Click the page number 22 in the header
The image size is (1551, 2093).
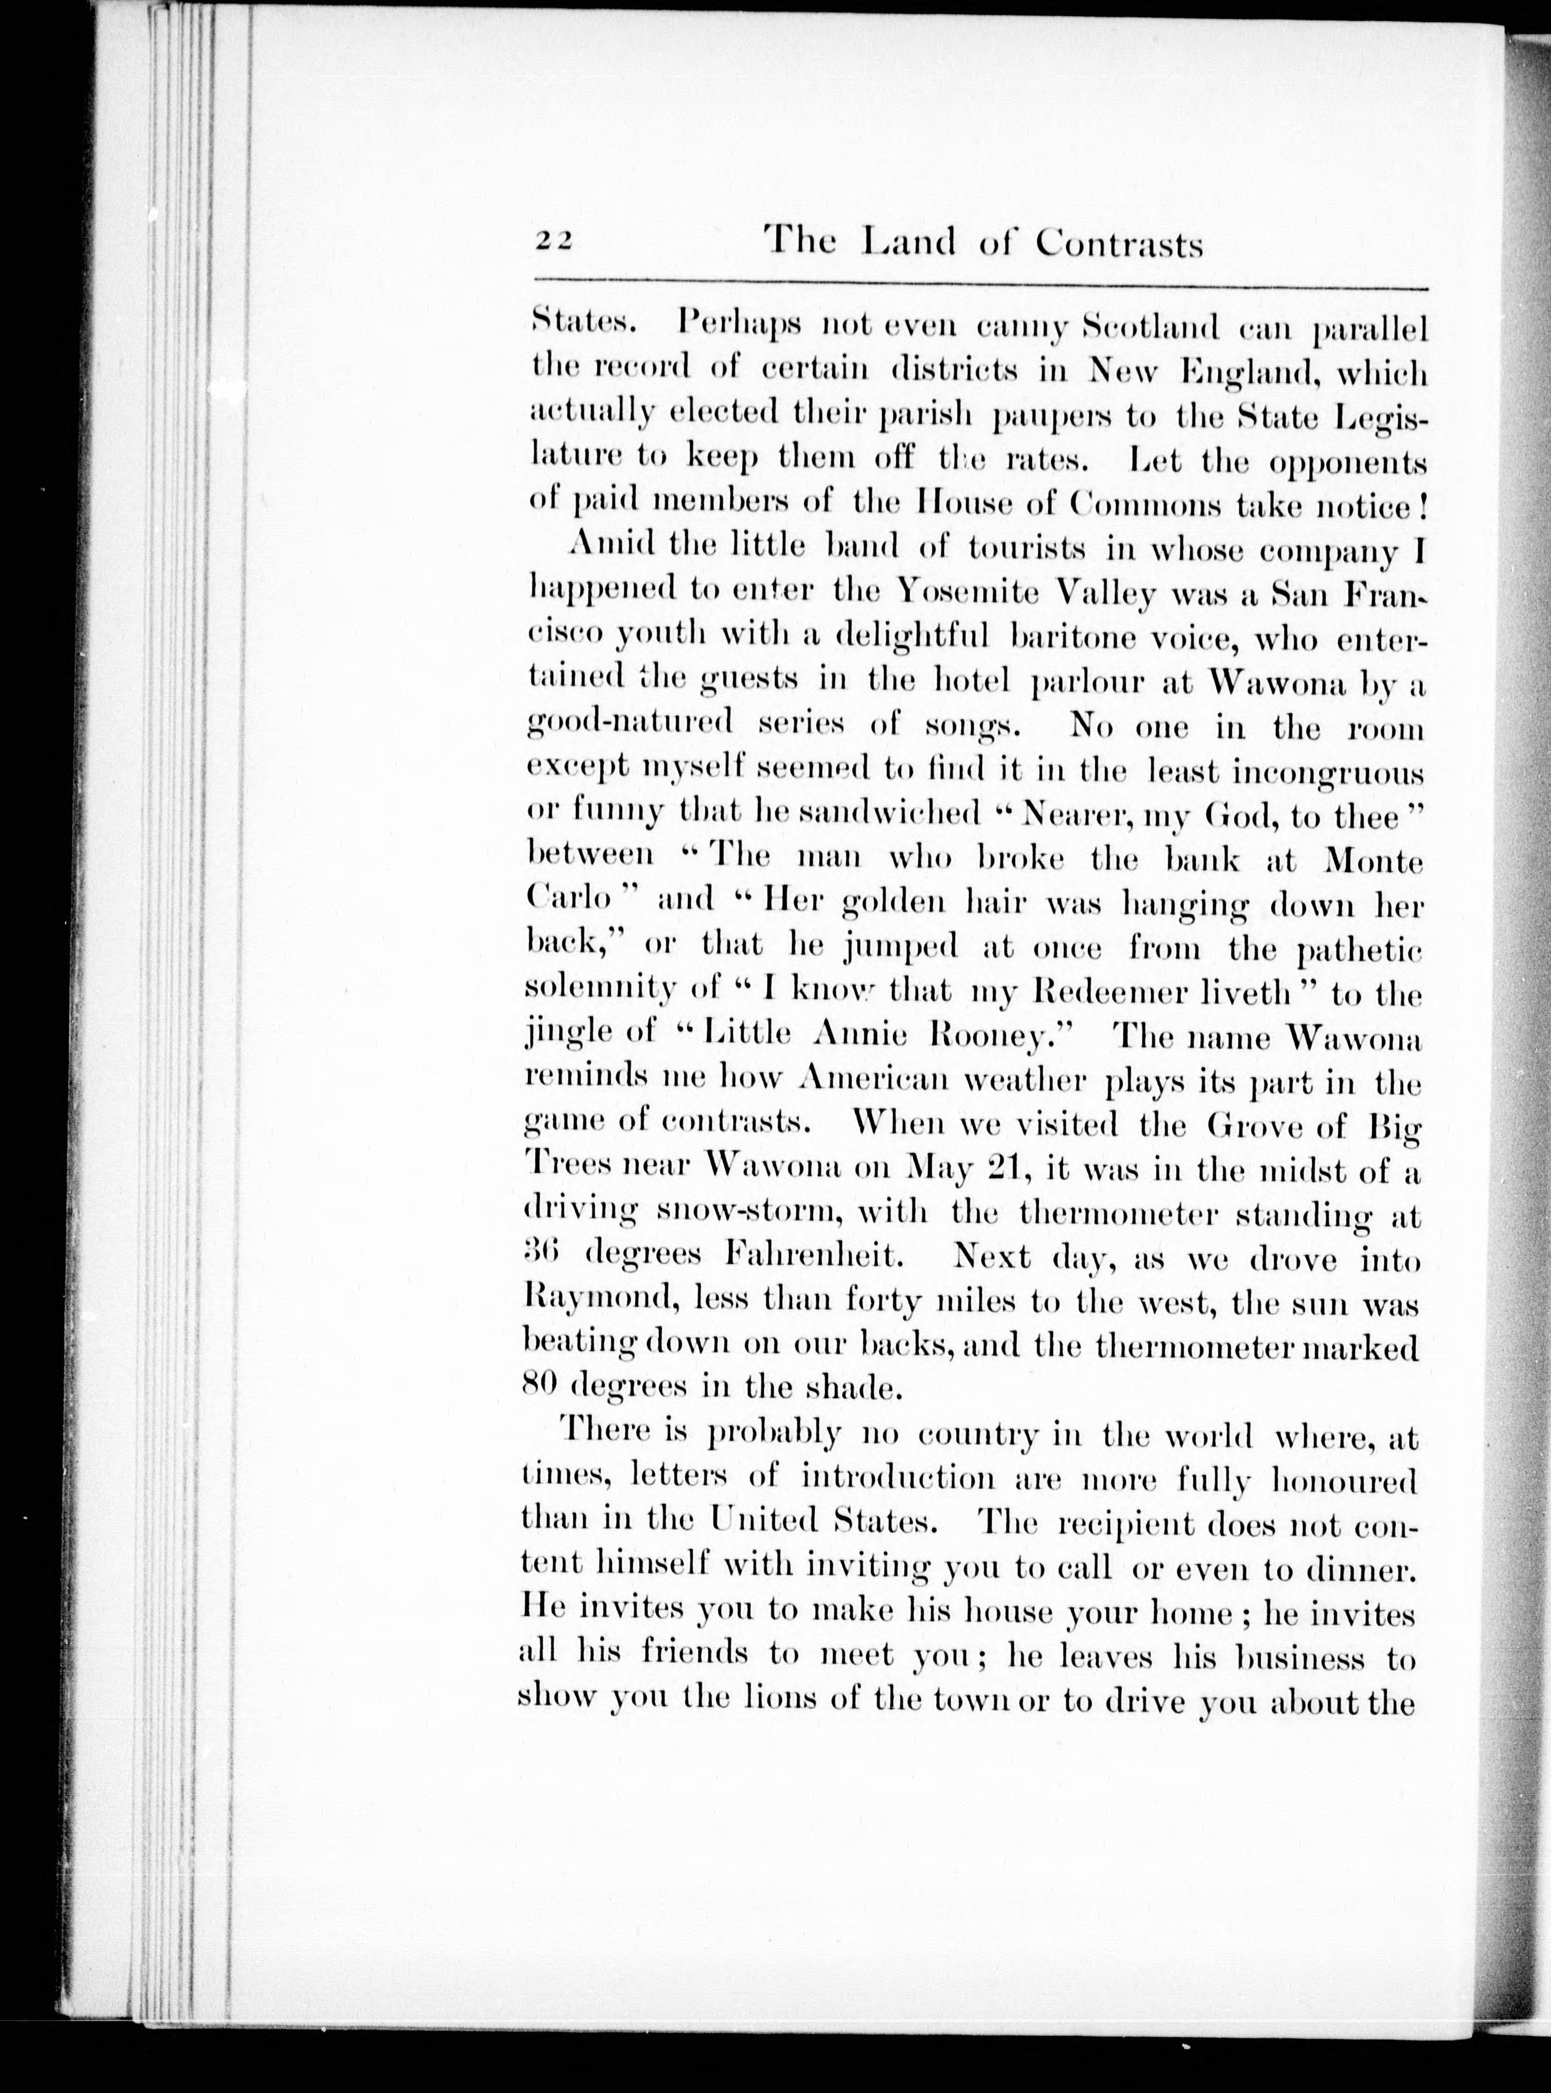click(554, 241)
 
